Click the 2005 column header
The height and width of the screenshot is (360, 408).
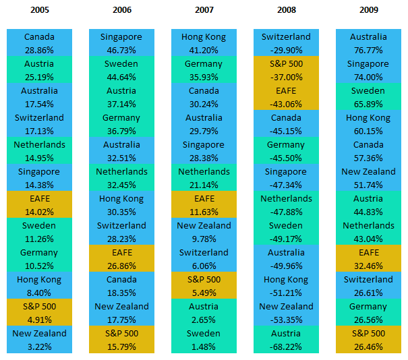point(39,10)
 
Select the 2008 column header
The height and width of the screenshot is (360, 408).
point(286,10)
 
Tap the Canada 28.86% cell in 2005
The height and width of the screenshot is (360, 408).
point(39,43)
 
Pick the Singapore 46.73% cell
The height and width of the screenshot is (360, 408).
point(121,43)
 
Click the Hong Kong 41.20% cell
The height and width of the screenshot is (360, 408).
point(204,43)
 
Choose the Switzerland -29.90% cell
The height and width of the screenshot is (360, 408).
point(286,43)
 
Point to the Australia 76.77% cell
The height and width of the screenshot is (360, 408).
point(369,43)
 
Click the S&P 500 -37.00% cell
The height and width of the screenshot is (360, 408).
point(286,70)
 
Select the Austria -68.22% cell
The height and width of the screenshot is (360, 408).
point(286,340)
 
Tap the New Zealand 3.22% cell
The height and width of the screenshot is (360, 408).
point(39,340)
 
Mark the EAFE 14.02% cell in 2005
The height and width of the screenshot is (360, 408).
point(39,205)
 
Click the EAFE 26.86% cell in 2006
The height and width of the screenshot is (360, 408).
point(121,259)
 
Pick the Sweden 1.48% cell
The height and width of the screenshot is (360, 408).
point(204,340)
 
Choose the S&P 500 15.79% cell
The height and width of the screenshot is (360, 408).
point(121,340)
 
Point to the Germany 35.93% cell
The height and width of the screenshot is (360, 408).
point(204,70)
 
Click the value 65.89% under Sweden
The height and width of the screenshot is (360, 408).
point(369,104)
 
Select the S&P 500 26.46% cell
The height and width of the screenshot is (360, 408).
point(369,340)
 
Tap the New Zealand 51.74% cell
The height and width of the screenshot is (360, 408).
point(369,178)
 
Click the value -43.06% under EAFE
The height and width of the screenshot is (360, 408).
point(286,104)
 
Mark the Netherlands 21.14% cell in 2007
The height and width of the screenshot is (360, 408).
point(204,178)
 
